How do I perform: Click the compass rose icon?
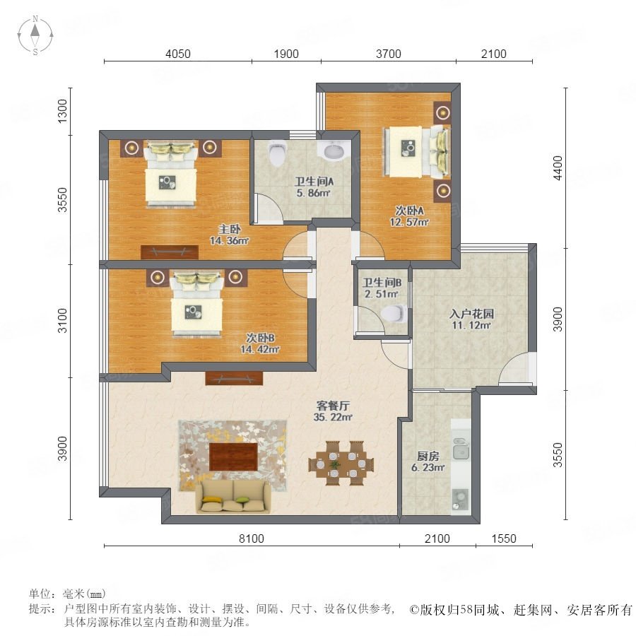(x=35, y=35)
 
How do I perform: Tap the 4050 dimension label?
(x=177, y=54)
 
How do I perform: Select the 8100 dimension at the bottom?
(x=251, y=538)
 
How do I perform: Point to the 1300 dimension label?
(x=62, y=111)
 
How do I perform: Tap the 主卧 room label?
(x=230, y=229)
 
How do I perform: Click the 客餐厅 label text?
(x=333, y=405)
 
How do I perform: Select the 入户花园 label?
(x=471, y=314)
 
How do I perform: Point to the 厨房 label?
(x=428, y=456)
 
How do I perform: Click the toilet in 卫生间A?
(x=278, y=155)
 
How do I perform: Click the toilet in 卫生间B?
(x=394, y=314)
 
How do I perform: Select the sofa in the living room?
(x=233, y=497)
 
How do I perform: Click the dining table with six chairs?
(x=341, y=463)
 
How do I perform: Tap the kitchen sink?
(x=461, y=449)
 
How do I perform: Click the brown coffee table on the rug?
(x=233, y=457)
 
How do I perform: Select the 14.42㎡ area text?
(x=260, y=349)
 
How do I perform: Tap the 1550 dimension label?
(x=504, y=538)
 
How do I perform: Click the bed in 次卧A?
(x=416, y=151)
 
